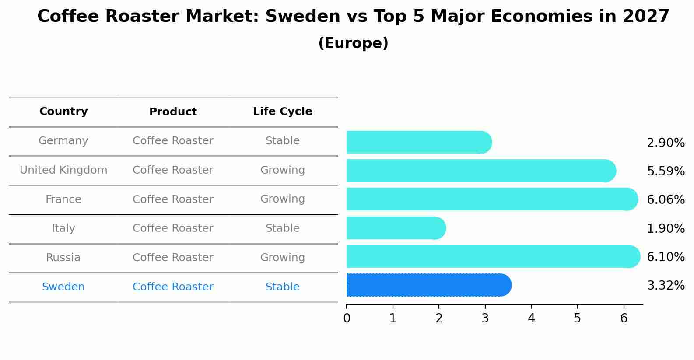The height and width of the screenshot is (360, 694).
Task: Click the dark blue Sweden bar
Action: [428, 285]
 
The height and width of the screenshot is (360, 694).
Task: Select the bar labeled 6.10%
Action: [492, 256]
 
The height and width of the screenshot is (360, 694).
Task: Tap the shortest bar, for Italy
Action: [396, 228]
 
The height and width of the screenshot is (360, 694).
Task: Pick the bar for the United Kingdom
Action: [480, 171]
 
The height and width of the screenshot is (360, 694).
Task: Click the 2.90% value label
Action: [665, 143]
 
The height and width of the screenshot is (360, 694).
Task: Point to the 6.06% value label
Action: [665, 200]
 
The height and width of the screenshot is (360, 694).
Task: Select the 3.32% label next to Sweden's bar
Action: [665, 286]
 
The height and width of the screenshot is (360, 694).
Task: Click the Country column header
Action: [63, 112]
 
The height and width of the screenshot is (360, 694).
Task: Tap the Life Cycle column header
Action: [282, 112]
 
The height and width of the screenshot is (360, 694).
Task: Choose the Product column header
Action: [173, 112]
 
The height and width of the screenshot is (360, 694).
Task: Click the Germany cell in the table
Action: [63, 141]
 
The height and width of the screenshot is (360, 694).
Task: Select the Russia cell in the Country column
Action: [63, 258]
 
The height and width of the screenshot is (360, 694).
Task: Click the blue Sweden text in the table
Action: [63, 287]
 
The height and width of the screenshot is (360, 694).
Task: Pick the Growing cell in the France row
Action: [282, 199]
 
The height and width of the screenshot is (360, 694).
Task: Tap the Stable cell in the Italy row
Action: [282, 228]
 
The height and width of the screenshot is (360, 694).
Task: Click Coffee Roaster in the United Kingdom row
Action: [173, 170]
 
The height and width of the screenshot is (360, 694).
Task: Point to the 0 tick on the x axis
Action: [347, 318]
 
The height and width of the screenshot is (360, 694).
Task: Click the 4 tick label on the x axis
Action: [531, 318]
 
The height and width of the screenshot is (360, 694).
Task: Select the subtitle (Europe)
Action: [353, 43]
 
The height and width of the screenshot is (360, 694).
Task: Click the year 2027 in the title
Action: [646, 17]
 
